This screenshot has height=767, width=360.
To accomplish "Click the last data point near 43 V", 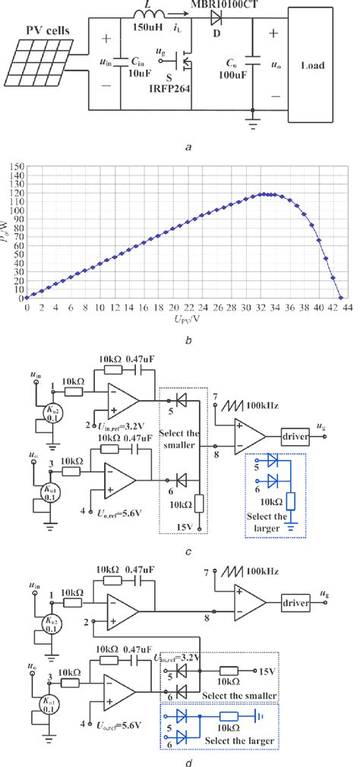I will [341, 298].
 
